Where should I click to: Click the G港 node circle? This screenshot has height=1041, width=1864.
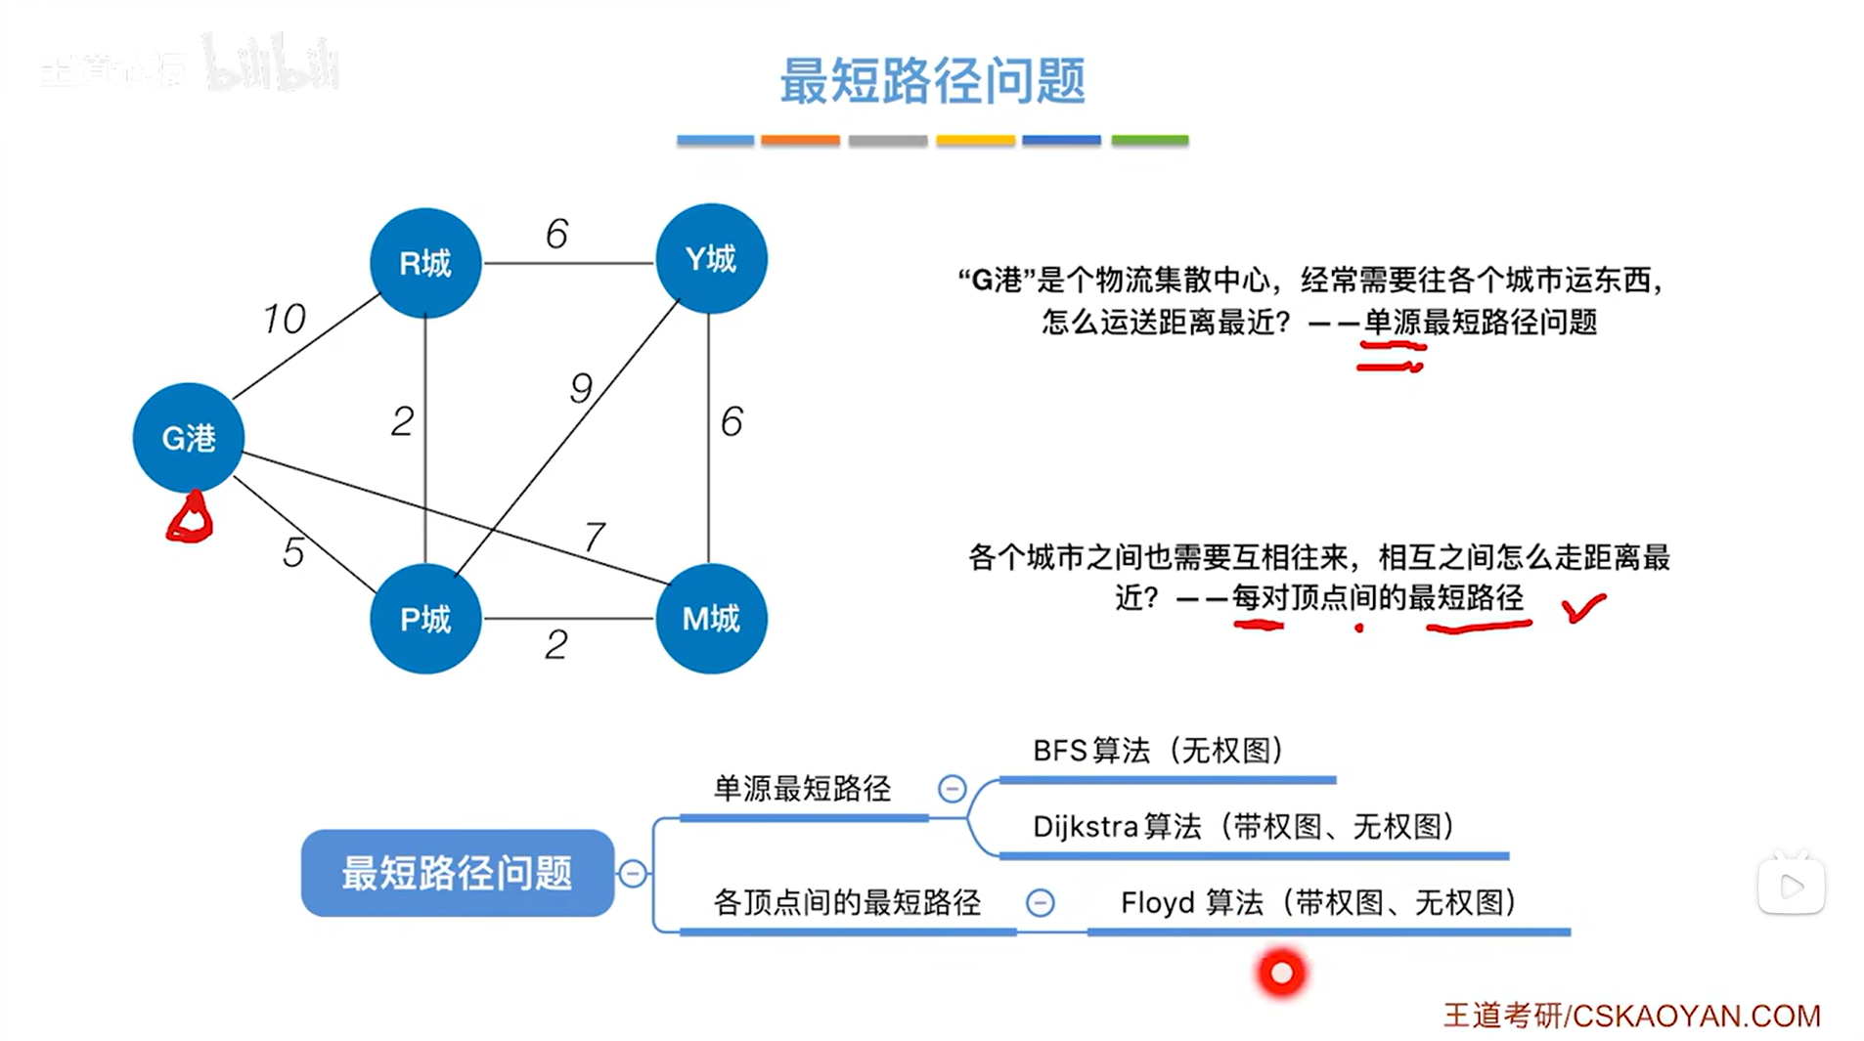coord(188,437)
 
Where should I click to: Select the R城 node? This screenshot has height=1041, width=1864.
coord(425,262)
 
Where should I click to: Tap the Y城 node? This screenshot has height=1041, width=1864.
coord(711,258)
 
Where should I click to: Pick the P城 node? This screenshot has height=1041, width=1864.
coord(425,618)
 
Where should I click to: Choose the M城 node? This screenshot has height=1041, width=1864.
coord(711,618)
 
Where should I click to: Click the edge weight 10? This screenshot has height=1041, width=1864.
coord(284,319)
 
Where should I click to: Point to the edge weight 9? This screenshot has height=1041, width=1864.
coord(581,388)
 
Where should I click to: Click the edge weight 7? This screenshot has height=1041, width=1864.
coord(595,536)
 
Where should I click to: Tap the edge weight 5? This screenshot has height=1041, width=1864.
coord(293,552)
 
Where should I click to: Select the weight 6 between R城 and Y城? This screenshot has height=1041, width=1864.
coord(556,234)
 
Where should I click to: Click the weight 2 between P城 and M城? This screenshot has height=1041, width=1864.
coord(556,644)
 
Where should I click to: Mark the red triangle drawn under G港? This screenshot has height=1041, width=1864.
coord(190,518)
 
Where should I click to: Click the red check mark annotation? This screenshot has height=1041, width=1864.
coord(1583,607)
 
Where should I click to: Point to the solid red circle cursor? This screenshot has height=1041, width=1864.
coord(1281,973)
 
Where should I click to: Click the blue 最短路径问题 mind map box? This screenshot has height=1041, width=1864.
coord(457,872)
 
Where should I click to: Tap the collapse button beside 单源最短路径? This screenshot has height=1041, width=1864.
coord(952,789)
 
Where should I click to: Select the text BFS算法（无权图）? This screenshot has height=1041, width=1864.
coord(1158,751)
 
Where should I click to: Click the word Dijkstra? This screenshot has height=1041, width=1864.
coord(1085,827)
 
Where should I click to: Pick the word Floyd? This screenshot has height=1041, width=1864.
coord(1157,902)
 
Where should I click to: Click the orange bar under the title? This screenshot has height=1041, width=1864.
coord(800,141)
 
